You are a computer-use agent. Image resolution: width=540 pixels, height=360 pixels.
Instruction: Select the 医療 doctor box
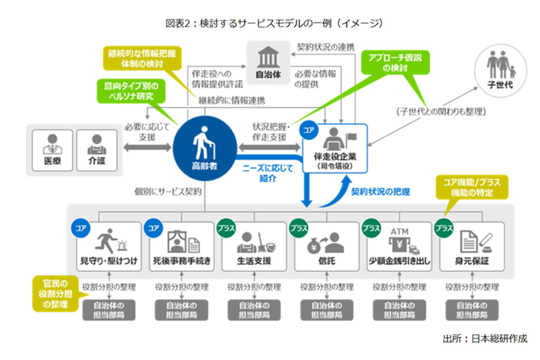[x=52, y=150]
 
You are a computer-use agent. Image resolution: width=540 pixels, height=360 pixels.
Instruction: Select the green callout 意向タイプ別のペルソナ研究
[x=130, y=91]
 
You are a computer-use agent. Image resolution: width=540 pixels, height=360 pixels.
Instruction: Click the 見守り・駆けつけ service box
[x=108, y=246]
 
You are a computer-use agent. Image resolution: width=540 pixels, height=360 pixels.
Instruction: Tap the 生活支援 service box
[x=254, y=246]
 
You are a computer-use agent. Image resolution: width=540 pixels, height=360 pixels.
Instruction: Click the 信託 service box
[x=327, y=246]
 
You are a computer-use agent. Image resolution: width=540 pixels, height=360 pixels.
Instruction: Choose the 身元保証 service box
[x=472, y=246]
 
